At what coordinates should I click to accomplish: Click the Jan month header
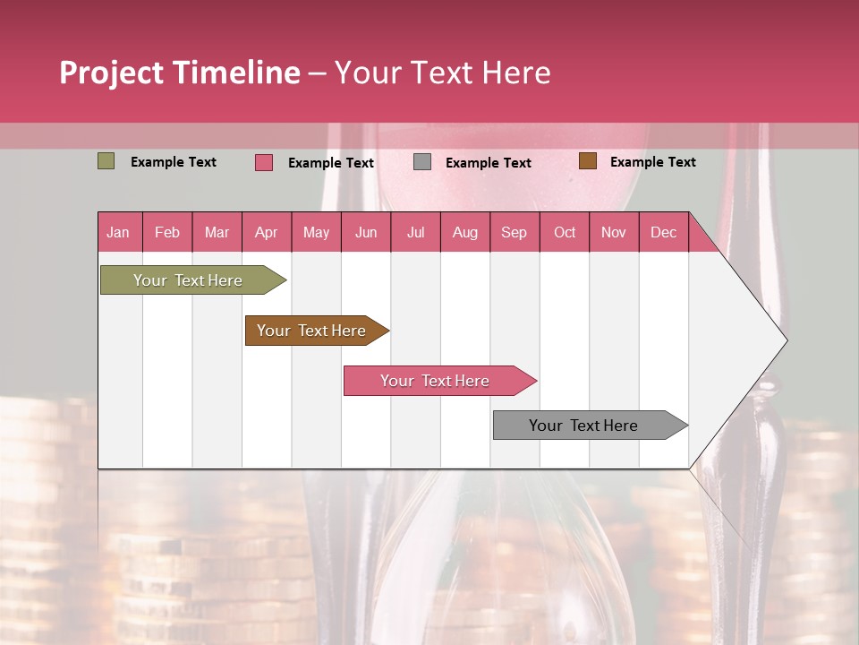(118, 232)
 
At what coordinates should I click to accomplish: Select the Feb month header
(167, 232)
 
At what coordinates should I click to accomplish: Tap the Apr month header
(266, 232)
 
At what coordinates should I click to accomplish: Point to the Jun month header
(366, 232)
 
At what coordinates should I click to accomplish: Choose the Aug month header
(464, 232)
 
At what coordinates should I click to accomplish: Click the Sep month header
(514, 232)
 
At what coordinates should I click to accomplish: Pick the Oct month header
(565, 232)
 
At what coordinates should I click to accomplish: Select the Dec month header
(663, 232)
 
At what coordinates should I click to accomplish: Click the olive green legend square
(106, 161)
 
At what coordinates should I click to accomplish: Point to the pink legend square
(264, 162)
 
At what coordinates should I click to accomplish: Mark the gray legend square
(422, 162)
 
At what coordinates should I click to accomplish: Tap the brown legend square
(587, 161)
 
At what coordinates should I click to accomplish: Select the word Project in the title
(112, 73)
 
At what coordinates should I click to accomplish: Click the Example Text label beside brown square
(652, 162)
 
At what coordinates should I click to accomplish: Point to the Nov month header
(613, 232)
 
